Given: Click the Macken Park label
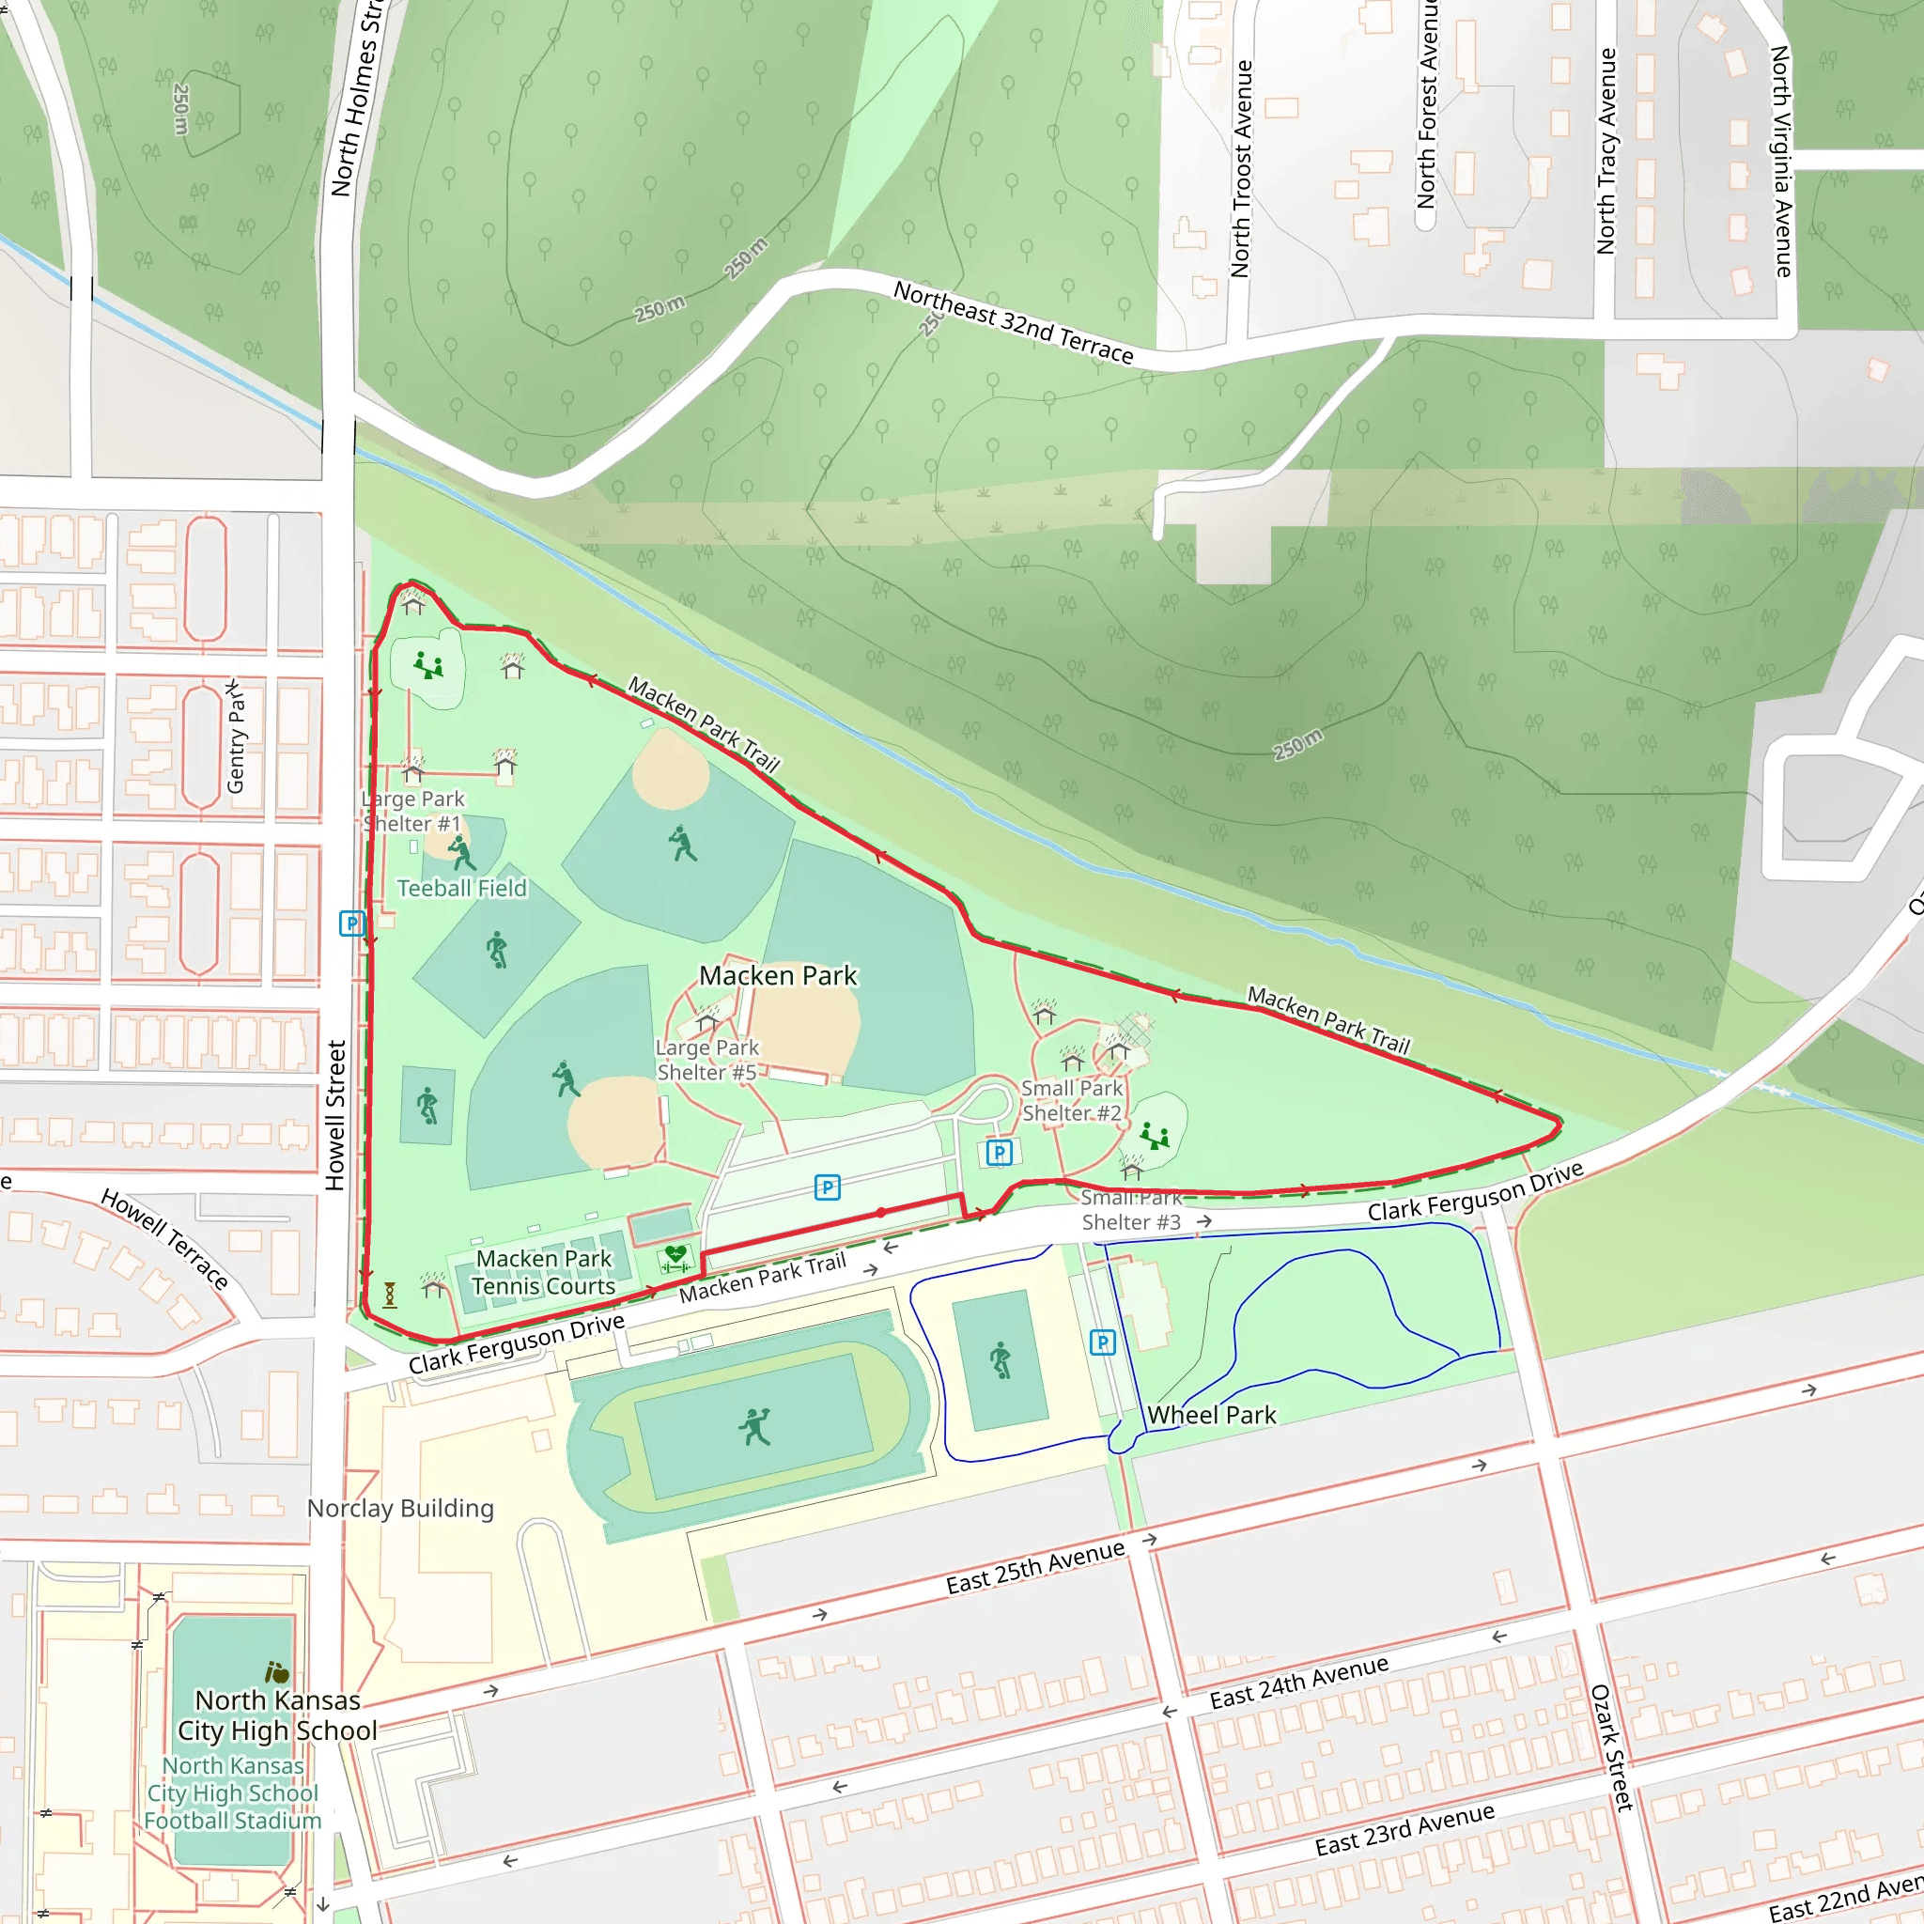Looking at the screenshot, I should pos(778,976).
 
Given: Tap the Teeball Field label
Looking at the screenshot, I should pos(462,889).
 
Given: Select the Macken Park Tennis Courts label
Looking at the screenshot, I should pos(544,1273).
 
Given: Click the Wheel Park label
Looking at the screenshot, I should pos(1211,1415).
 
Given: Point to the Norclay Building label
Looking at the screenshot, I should pos(400,1509).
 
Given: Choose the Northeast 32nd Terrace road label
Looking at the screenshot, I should pos(1013,321).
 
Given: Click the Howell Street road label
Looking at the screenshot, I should pos(335,1115).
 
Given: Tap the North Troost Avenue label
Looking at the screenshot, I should pos(1241,169).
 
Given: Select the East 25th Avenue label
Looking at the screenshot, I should pos(1034,1568).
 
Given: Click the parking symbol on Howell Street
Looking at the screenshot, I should pos(351,923).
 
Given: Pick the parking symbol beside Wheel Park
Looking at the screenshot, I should pos(1102,1342).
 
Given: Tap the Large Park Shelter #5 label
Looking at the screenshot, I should pos(707,1060).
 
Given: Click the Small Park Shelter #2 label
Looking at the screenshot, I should pos(1072,1100).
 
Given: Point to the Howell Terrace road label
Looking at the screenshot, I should pos(165,1239).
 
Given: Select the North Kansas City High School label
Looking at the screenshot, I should pos(278,1715).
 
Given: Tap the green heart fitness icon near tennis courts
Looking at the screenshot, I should pos(675,1258).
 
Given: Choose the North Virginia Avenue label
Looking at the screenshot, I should pos(1781,162).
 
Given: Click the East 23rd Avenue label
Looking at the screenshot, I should pos(1404,1830).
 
